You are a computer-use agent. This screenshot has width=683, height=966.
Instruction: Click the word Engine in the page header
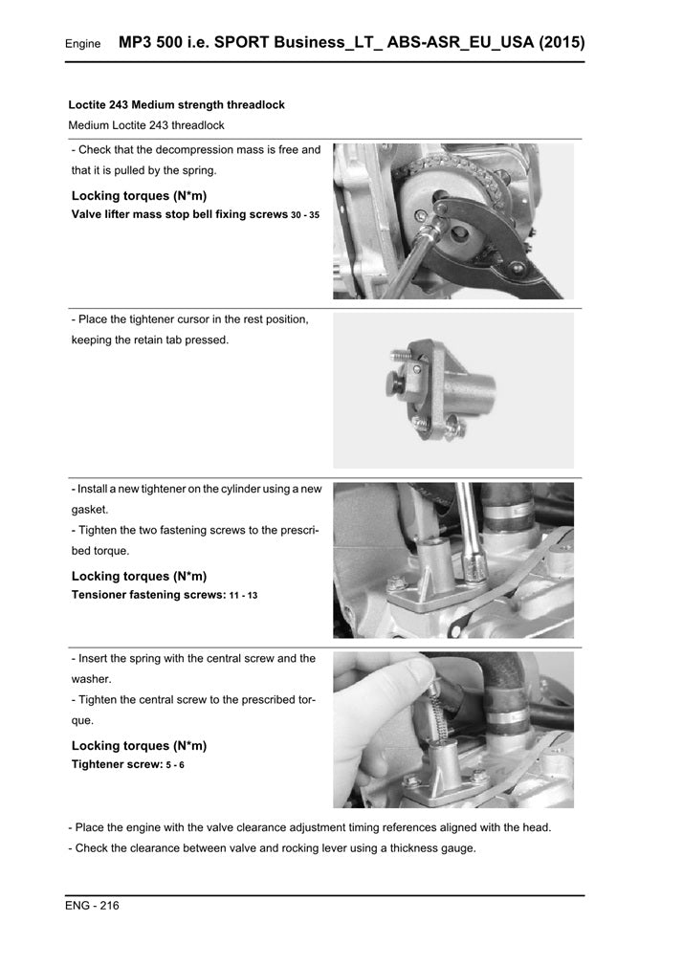pyautogui.click(x=82, y=44)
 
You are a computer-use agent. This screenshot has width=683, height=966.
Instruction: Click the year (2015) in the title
pyautogui.click(x=562, y=42)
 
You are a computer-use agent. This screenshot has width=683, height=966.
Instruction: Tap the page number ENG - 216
pyautogui.click(x=92, y=905)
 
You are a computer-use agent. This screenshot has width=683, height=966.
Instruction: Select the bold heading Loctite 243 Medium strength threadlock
pyautogui.click(x=176, y=105)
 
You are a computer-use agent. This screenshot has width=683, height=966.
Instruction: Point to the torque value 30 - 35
pyautogui.click(x=305, y=215)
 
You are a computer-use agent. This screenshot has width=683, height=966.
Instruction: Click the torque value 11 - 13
pyautogui.click(x=244, y=595)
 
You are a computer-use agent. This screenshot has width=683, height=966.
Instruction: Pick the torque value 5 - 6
pyautogui.click(x=175, y=765)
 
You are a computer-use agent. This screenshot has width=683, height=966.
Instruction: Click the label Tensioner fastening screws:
pyautogui.click(x=148, y=595)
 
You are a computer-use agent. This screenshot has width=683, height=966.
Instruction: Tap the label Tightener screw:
pyautogui.click(x=117, y=764)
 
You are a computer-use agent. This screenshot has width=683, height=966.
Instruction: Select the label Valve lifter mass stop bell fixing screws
pyautogui.click(x=180, y=214)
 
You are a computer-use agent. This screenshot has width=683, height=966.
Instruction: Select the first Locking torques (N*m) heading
pyautogui.click(x=140, y=196)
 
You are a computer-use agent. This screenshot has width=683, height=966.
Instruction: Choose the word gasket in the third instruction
pyautogui.click(x=89, y=510)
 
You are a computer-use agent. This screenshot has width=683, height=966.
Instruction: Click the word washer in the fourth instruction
pyautogui.click(x=91, y=679)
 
